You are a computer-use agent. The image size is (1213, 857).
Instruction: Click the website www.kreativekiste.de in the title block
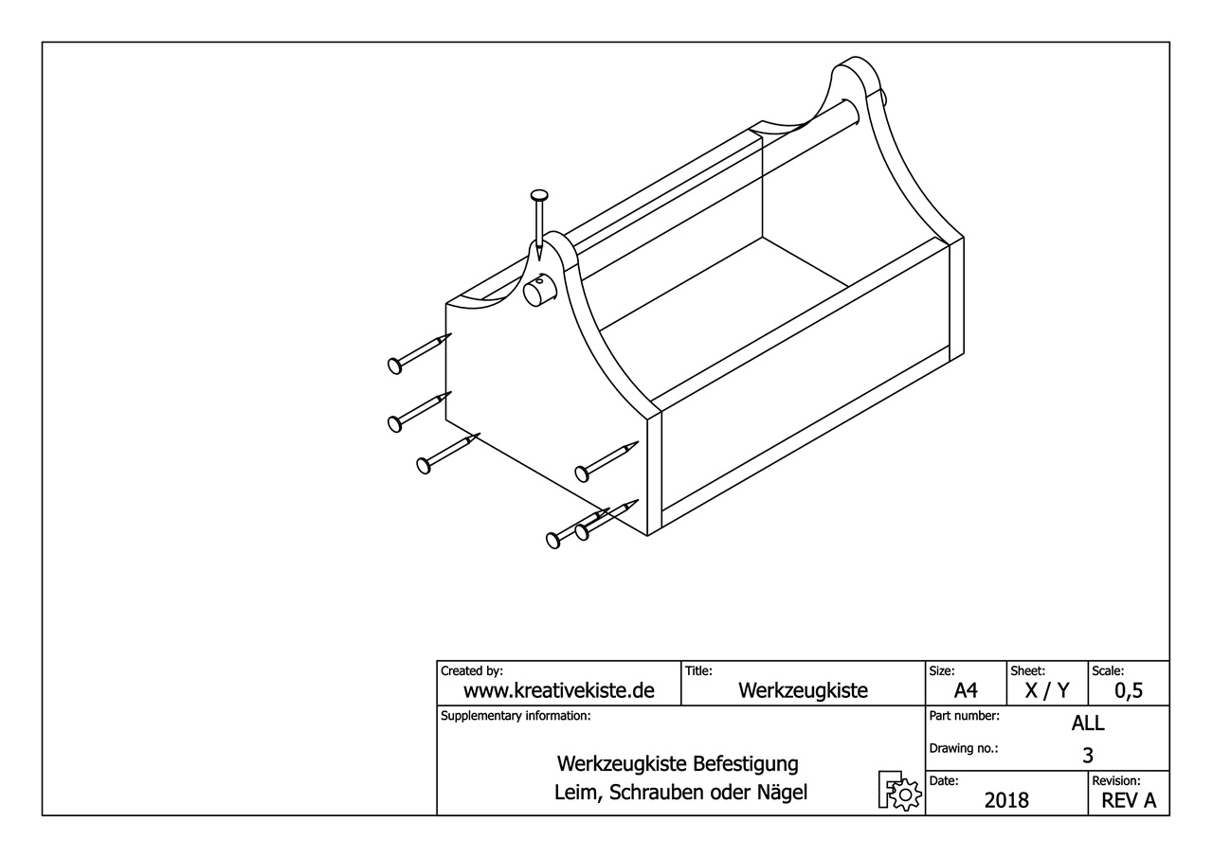pos(558,690)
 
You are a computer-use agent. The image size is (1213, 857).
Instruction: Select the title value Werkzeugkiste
pos(803,690)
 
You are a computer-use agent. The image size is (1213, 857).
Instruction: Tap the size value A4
pos(966,690)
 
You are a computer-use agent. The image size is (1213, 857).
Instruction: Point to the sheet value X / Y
pos(1048,690)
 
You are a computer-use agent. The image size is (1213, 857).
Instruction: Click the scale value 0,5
pos(1129,690)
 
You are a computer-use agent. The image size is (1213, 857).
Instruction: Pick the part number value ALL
pos(1088,723)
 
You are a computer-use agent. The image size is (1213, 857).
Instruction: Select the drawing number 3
pos(1088,755)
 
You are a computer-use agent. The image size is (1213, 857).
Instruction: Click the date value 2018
pos(1006,800)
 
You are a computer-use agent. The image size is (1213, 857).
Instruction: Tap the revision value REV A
pos(1129,800)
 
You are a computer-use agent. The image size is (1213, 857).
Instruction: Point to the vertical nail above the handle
pos(538,223)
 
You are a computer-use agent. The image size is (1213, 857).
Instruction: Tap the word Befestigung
pos(746,763)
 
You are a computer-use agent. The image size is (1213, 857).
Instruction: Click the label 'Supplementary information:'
pos(516,716)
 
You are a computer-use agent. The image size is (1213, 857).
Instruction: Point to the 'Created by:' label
pos(472,670)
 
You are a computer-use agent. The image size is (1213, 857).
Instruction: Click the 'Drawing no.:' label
pos(964,748)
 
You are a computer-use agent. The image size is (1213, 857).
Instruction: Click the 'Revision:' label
pos(1116,780)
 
